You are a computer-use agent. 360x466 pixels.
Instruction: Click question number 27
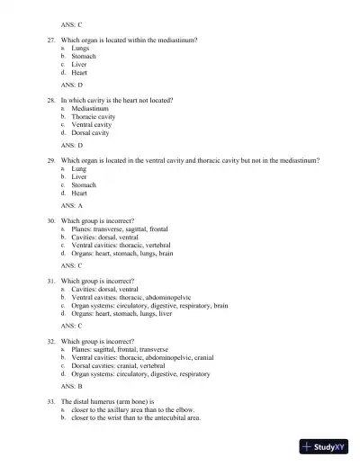[52, 40]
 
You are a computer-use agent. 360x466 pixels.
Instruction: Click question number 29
[52, 160]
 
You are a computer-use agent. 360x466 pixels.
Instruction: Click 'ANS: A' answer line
[72, 205]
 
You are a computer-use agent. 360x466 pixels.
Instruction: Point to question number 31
[52, 281]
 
